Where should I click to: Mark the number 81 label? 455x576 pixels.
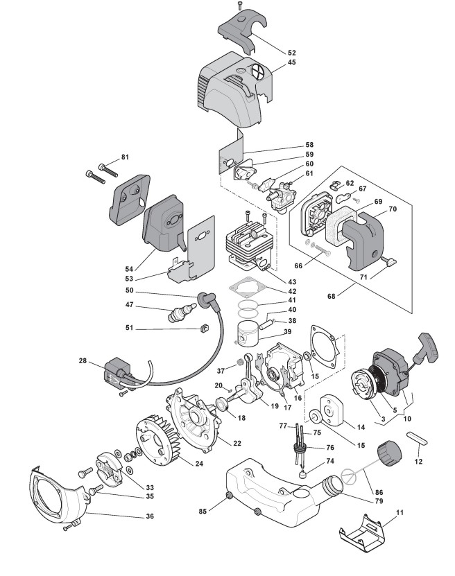click(125, 157)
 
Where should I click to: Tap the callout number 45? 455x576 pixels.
click(291, 62)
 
